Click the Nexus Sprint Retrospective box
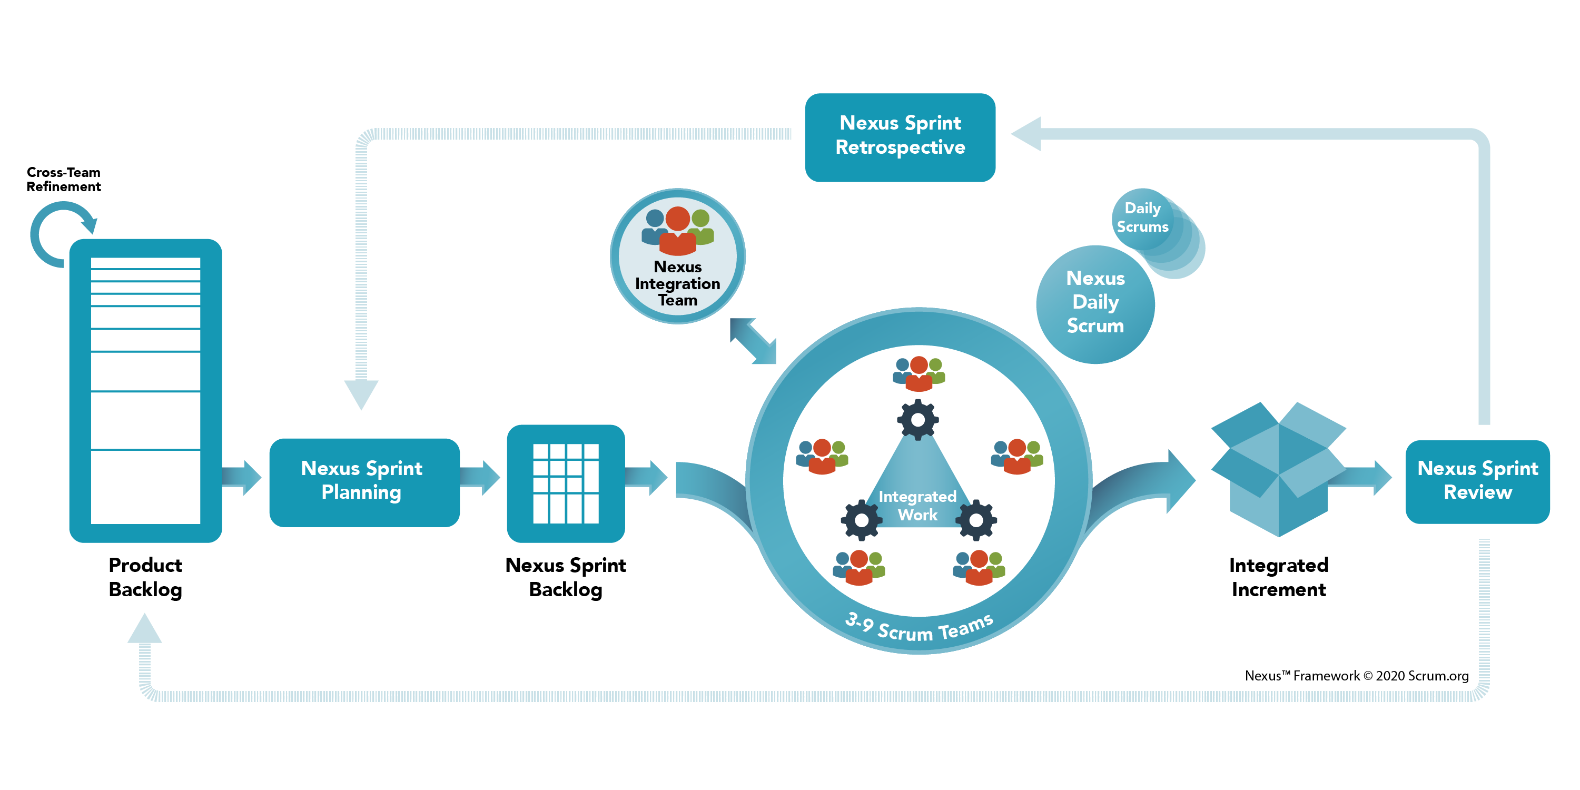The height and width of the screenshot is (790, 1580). (900, 137)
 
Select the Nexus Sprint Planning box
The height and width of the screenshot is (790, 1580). (364, 481)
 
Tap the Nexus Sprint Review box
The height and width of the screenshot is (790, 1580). (1477, 481)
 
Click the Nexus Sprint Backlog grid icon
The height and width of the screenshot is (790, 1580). (566, 483)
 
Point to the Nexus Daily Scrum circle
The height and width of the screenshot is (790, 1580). (1095, 303)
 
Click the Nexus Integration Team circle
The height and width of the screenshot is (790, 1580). (677, 256)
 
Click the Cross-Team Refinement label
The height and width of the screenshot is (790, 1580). (63, 179)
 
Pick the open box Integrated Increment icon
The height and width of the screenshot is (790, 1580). (1278, 469)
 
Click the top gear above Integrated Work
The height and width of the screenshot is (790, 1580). (917, 420)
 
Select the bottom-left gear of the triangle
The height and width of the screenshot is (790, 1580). (861, 520)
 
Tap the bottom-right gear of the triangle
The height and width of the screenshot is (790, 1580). (976, 520)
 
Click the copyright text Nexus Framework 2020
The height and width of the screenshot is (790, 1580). (1356, 675)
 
